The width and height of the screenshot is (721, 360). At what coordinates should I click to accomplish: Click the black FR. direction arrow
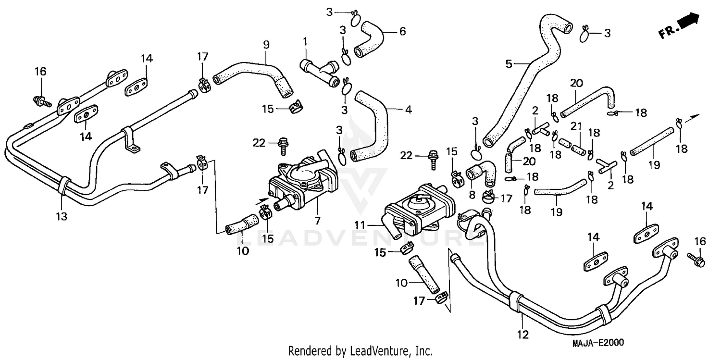click(690, 22)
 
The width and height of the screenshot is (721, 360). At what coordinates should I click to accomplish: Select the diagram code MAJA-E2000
click(597, 343)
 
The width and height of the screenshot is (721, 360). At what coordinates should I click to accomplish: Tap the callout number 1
click(305, 42)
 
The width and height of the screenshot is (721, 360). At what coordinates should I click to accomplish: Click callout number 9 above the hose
click(266, 45)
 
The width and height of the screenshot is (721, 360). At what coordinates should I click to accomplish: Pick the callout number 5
click(509, 64)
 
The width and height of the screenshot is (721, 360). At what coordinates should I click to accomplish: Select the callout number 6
click(402, 32)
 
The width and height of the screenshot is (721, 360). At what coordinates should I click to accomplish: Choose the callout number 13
click(62, 216)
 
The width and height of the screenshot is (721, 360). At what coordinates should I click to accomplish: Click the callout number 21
click(576, 126)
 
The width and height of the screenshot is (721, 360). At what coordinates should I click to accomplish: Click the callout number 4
click(408, 110)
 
